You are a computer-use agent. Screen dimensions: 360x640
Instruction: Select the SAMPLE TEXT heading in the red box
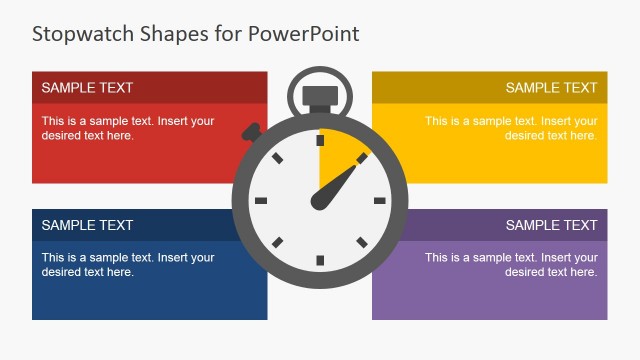tap(87, 88)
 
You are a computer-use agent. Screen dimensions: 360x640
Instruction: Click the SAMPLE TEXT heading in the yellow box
tap(551, 88)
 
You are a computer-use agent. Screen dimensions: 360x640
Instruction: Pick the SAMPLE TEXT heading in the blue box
tap(87, 225)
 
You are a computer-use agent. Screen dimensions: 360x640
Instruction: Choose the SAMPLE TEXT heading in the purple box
tap(551, 225)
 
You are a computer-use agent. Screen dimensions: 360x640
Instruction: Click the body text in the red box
tap(127, 128)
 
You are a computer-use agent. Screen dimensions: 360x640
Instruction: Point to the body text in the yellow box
tap(511, 128)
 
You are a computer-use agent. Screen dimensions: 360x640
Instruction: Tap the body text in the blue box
tap(127, 264)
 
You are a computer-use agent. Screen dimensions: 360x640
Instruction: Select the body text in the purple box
tap(511, 264)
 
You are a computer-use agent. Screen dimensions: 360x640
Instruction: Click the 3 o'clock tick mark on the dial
tap(380, 201)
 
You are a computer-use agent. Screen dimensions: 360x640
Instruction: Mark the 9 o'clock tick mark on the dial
tap(260, 201)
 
